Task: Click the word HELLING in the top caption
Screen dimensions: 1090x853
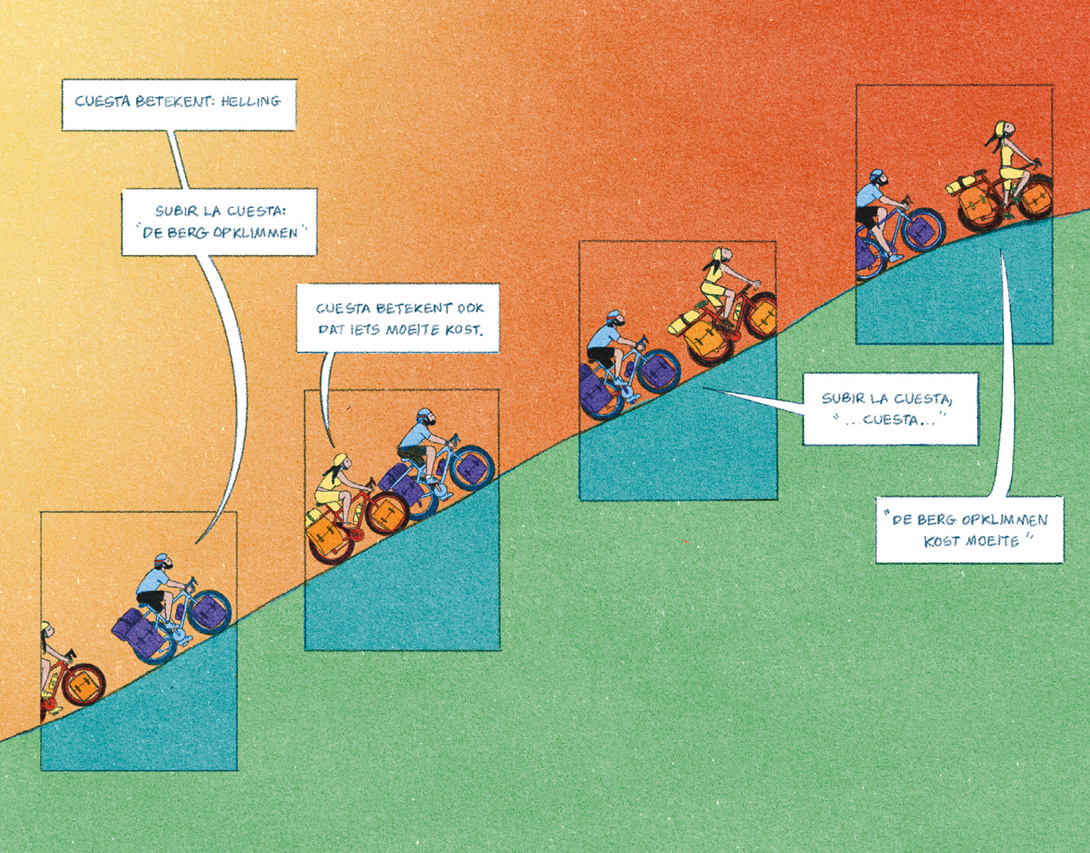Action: pos(250,102)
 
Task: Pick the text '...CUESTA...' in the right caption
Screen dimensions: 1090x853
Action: pos(889,420)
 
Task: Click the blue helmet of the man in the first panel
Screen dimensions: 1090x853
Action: pos(161,560)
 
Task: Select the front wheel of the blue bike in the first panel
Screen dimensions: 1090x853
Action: pos(209,612)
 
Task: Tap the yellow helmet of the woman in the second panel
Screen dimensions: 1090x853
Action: pos(340,458)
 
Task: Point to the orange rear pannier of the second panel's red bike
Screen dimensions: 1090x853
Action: pos(326,536)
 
